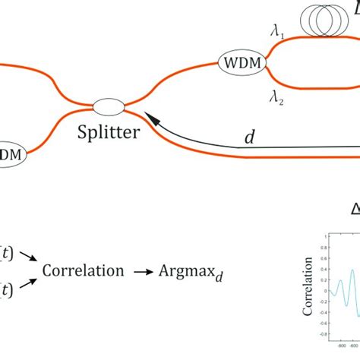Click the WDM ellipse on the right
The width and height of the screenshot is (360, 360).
(245, 63)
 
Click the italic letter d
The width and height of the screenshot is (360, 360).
(249, 137)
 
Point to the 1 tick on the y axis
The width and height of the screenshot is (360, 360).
(324, 236)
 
